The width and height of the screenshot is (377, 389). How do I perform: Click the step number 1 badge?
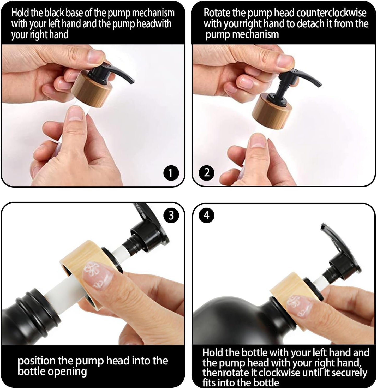171,173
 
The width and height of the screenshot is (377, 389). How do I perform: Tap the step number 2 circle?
206,172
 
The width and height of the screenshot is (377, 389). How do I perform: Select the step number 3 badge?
171,216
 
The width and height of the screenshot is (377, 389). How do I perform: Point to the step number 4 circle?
206,216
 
